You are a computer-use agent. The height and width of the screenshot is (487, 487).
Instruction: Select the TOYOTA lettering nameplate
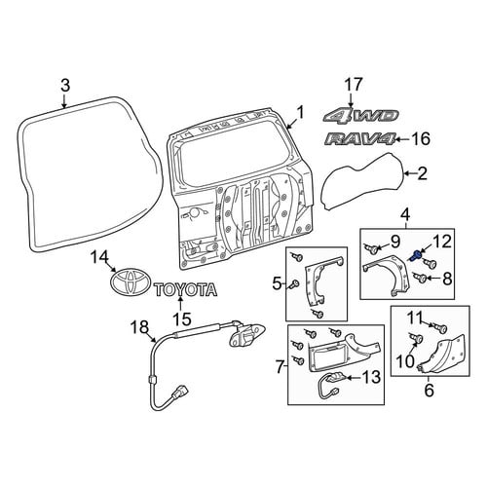click(186, 289)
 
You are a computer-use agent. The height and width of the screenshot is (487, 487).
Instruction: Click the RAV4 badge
click(360, 139)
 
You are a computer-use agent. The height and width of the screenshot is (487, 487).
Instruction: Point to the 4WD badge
click(361, 116)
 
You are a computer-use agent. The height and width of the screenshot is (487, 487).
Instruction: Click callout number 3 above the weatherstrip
click(65, 86)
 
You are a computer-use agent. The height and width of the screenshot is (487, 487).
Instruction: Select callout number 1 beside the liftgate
click(301, 113)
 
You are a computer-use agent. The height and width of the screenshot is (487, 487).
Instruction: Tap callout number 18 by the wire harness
click(140, 327)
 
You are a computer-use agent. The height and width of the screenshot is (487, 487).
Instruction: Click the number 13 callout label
click(371, 377)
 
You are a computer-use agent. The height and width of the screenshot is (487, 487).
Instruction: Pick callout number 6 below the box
click(429, 391)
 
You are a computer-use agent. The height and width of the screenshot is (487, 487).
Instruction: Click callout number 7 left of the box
click(280, 366)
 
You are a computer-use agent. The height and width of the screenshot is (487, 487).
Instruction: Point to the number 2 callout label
click(423, 173)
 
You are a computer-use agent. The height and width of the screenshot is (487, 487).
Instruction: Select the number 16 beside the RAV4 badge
click(421, 139)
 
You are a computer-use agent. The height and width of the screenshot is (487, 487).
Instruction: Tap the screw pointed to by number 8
click(421, 278)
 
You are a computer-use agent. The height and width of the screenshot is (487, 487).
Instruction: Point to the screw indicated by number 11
click(440, 327)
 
